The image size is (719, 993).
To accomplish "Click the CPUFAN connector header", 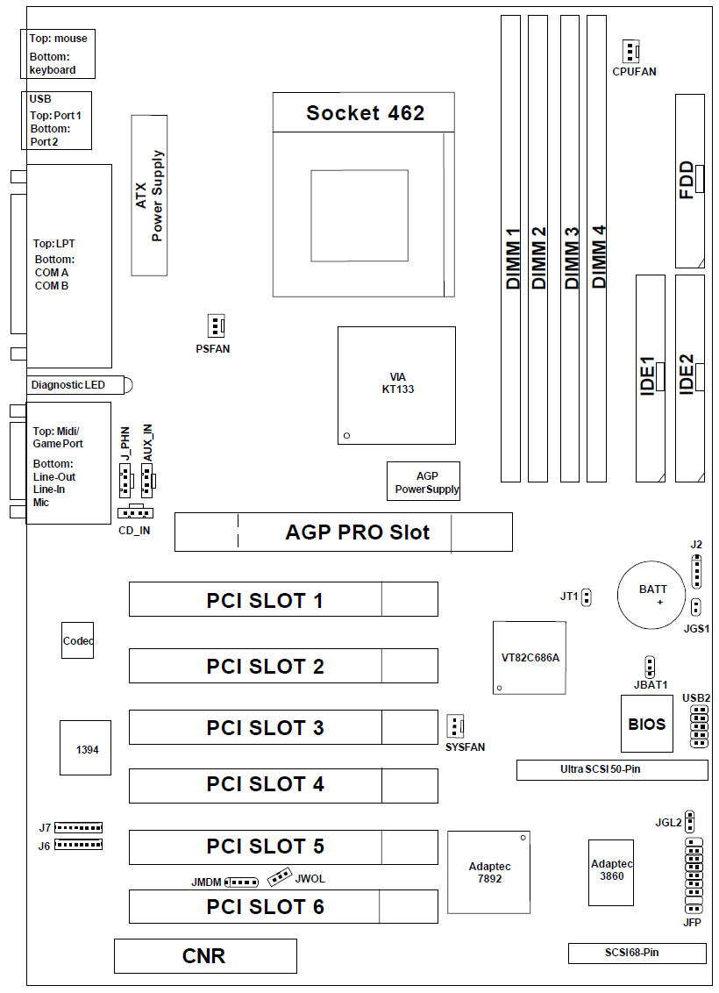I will [x=630, y=51].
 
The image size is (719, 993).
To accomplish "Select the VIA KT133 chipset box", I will [x=396, y=386].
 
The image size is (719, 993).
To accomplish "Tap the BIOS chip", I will [x=646, y=724].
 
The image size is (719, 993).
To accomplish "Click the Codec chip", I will [x=77, y=641].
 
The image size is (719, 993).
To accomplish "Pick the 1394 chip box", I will [x=85, y=748].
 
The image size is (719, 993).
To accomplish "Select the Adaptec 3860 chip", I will [x=611, y=871].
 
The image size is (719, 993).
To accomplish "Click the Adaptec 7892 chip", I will [x=489, y=872].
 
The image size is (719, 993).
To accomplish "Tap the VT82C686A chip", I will [x=530, y=657].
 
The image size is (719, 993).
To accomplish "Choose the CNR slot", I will [x=204, y=956].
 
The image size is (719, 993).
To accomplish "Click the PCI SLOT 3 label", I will [x=265, y=728].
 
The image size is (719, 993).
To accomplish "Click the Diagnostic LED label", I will [x=68, y=385].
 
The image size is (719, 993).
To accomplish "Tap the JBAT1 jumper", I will [x=649, y=666].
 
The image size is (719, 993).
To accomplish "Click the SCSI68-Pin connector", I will [x=637, y=953].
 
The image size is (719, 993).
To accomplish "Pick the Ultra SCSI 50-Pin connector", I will [x=611, y=770].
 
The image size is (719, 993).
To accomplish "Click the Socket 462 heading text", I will [x=365, y=113].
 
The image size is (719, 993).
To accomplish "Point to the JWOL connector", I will [x=280, y=875].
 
